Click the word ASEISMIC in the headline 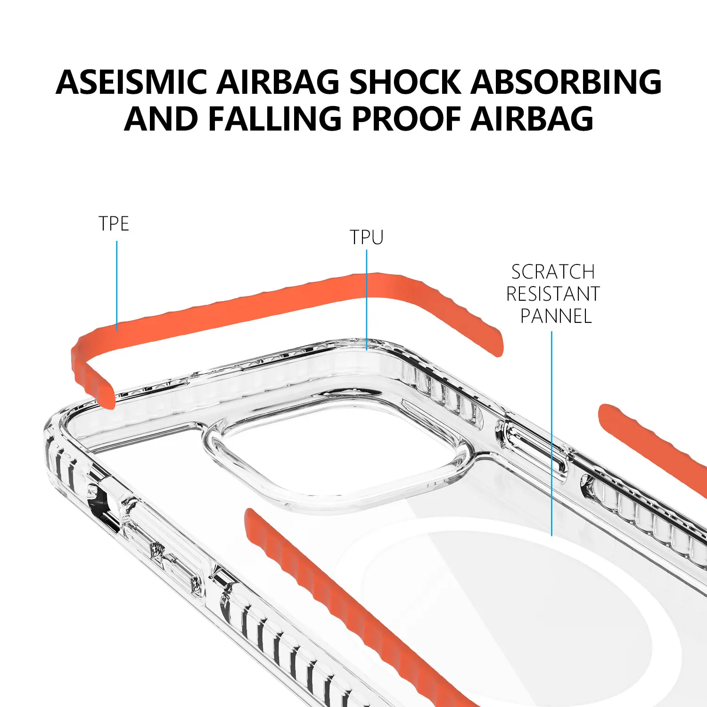tap(132, 82)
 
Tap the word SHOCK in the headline tap(405, 82)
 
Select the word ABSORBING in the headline tap(566, 82)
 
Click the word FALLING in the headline tap(274, 118)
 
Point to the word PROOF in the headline tap(406, 118)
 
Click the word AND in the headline tap(161, 118)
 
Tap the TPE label tap(114, 223)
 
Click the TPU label tap(367, 237)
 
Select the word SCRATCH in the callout tap(553, 272)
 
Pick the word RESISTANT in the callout tap(553, 294)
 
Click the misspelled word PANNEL tap(556, 316)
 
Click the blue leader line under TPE tap(117, 286)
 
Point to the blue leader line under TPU tap(367, 300)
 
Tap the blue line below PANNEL tap(551, 434)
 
